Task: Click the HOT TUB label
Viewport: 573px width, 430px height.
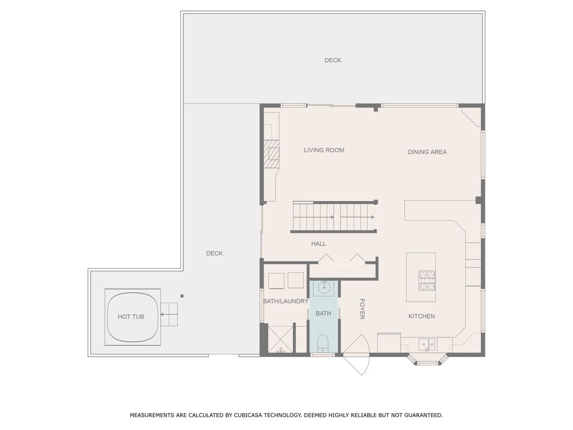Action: [x=131, y=317]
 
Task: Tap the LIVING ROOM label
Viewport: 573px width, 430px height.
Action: [x=324, y=150]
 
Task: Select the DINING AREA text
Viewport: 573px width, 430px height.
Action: [x=427, y=152]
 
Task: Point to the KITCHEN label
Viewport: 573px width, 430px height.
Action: [x=421, y=316]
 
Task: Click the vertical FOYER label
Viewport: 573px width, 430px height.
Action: [x=362, y=309]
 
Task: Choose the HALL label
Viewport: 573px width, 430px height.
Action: [x=318, y=244]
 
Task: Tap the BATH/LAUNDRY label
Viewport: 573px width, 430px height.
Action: [x=286, y=301]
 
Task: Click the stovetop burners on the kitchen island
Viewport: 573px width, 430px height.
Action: [x=427, y=280]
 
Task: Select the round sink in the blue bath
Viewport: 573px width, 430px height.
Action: [x=324, y=288]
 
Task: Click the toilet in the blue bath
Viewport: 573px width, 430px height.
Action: [x=323, y=344]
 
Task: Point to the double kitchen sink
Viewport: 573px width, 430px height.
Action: [x=426, y=344]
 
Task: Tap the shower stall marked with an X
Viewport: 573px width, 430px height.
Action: [x=280, y=339]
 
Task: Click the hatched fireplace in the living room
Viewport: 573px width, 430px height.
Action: [x=271, y=154]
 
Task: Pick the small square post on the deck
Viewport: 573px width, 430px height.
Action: [x=182, y=296]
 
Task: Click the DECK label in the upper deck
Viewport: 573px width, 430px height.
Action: [x=332, y=60]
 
